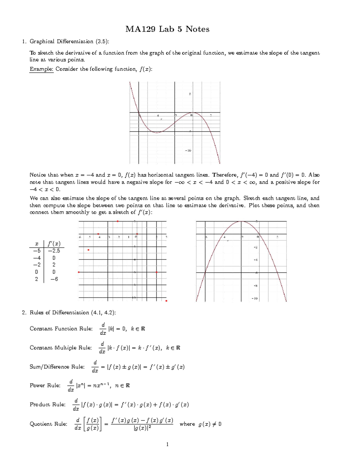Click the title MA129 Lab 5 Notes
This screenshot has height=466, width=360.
click(x=167, y=29)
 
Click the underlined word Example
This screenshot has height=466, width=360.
click(x=41, y=69)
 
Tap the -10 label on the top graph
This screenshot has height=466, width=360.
click(x=188, y=151)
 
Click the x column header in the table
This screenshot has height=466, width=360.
click(x=37, y=243)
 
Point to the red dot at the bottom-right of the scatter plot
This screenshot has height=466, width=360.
click(x=166, y=301)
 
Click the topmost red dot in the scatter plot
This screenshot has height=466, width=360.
click(x=118, y=221)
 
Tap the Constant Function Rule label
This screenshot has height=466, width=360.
click(x=61, y=329)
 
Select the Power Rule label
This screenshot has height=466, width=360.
click(x=45, y=386)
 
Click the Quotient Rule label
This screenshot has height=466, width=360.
click(x=48, y=424)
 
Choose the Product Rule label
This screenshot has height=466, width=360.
click(x=47, y=404)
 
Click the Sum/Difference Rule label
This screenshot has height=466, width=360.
click(x=57, y=367)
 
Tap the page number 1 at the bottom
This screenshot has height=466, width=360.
click(x=167, y=444)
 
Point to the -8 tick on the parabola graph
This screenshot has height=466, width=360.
click(x=255, y=286)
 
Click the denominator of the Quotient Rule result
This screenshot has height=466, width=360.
click(x=142, y=428)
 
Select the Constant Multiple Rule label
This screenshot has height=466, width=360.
click(x=61, y=348)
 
